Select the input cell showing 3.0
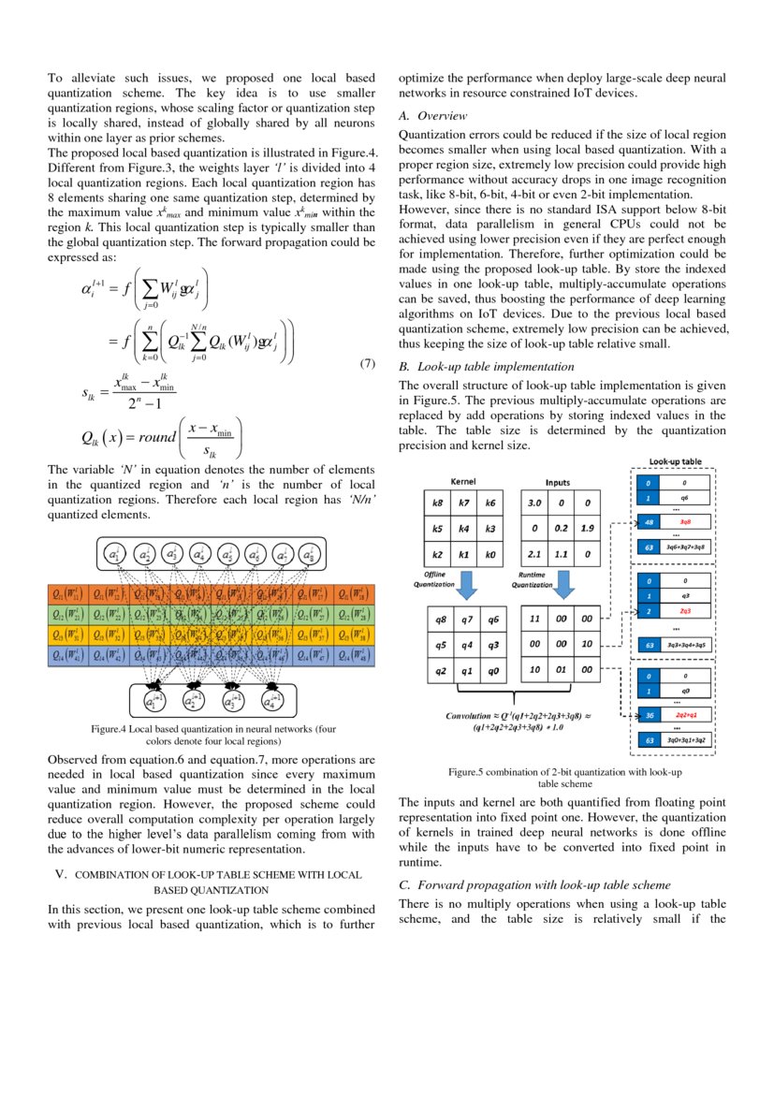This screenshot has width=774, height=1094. [534, 503]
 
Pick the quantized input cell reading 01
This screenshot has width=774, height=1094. [560, 669]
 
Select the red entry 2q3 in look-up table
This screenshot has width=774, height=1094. [685, 610]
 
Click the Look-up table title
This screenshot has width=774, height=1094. [678, 460]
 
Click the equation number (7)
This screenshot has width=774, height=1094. [368, 363]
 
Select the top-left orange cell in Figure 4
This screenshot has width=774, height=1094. [67, 593]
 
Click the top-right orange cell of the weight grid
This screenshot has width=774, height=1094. [355, 593]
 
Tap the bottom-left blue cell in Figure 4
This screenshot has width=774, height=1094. [67, 656]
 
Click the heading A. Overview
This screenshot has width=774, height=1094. [435, 116]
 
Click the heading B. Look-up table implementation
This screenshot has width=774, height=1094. [486, 366]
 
